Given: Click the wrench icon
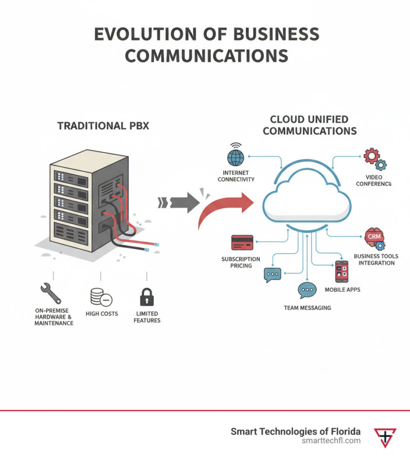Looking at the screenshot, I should pyautogui.click(x=50, y=293).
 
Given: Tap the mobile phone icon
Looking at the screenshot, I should pyautogui.click(x=342, y=272).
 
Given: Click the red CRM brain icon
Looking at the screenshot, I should pyautogui.click(x=373, y=237).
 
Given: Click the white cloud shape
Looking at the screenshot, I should pyautogui.click(x=307, y=199).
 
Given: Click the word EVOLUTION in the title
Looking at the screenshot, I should pyautogui.click(x=155, y=36).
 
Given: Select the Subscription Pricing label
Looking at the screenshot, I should pyautogui.click(x=240, y=263).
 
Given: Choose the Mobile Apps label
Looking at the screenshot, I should pyautogui.click(x=342, y=289).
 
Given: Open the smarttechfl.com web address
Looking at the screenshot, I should pyautogui.click(x=331, y=440).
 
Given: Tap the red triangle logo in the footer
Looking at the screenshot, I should pyautogui.click(x=385, y=436).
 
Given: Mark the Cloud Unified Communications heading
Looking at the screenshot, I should pyautogui.click(x=309, y=125).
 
